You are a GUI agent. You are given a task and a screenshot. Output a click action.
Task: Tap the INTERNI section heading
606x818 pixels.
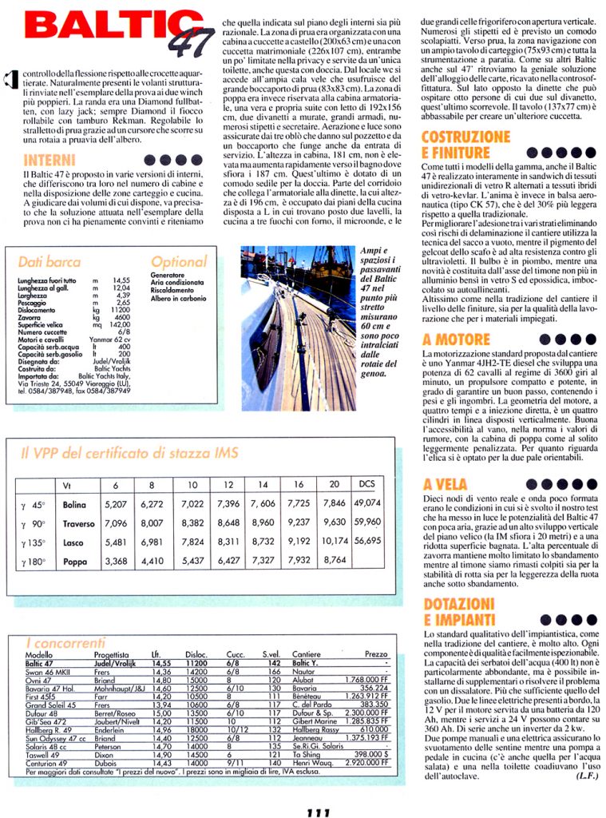(50, 159)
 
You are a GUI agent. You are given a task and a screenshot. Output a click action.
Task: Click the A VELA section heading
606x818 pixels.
(445, 484)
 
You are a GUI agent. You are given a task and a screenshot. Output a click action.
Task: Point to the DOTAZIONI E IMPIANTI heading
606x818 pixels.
(461, 611)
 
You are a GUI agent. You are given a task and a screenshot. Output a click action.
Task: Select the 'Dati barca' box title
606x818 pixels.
(49, 261)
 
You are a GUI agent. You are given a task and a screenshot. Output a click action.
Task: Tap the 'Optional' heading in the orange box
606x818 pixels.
(178, 261)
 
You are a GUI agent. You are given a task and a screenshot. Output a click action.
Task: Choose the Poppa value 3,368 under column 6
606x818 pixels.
(116, 561)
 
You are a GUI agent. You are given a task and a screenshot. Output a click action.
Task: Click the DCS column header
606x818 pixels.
(367, 484)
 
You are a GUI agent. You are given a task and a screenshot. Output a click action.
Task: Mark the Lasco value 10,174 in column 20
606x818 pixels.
(335, 542)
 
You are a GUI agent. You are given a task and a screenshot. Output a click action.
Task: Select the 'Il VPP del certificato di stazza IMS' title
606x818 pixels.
(129, 453)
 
